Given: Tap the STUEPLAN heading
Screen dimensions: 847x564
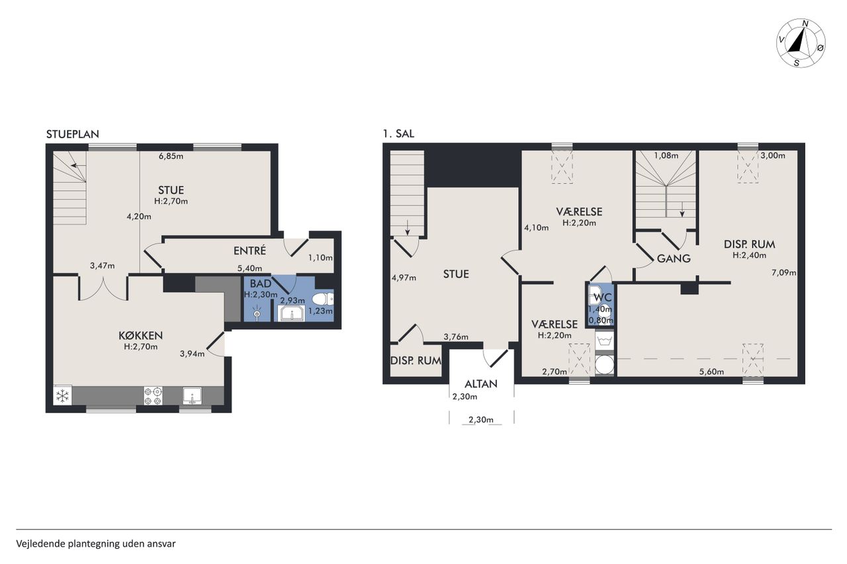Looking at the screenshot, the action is [x=73, y=134].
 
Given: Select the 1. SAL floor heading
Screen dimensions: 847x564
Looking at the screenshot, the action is [x=398, y=134].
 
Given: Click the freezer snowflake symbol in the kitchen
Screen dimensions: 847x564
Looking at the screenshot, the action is [x=62, y=396].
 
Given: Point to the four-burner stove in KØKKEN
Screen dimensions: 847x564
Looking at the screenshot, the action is [x=153, y=396].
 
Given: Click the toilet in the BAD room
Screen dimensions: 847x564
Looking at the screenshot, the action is [x=323, y=300].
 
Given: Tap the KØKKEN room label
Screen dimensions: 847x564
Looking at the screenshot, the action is [x=141, y=335].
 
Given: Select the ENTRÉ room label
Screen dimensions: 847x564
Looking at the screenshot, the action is [x=249, y=251].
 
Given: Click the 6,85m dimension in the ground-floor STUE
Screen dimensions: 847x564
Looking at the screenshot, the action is [x=171, y=156].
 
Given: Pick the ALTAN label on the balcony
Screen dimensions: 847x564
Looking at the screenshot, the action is [x=481, y=383].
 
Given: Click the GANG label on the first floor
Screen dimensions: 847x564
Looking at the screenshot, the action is [x=674, y=259].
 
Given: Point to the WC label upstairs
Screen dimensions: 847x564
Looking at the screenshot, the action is [x=603, y=298].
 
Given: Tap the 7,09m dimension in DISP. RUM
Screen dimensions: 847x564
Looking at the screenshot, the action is [x=784, y=272].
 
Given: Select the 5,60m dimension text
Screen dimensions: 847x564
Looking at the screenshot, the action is [x=711, y=372].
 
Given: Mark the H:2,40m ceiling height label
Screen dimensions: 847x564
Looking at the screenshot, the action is [x=750, y=255].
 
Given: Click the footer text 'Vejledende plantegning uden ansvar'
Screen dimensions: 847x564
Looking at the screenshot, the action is [x=96, y=544].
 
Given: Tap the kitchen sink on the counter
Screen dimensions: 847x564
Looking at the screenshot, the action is [x=192, y=396].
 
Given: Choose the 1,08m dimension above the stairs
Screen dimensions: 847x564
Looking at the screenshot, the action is [x=666, y=155].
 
